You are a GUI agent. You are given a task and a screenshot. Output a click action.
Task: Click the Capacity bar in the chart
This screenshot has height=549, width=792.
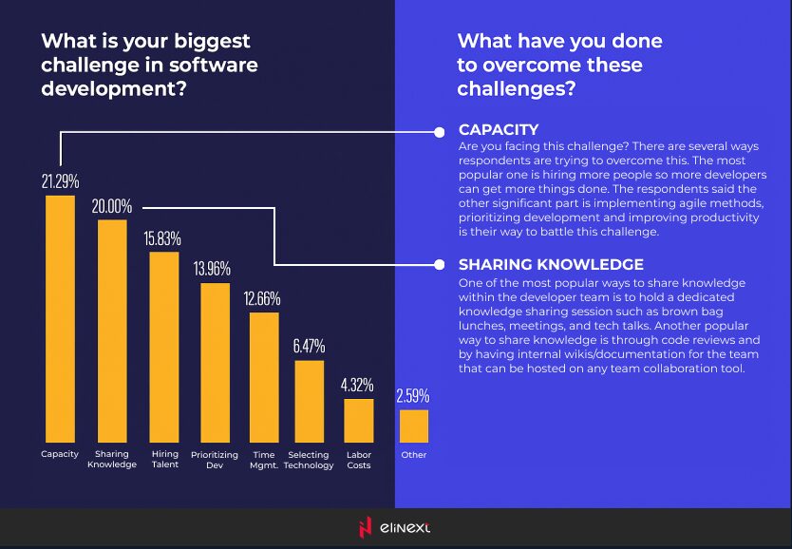[60, 318]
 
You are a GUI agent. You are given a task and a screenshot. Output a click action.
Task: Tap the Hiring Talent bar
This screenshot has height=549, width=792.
[164, 347]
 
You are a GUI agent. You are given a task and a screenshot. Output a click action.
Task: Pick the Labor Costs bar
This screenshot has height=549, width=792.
[358, 421]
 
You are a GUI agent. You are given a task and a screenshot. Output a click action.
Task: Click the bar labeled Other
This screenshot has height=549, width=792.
[414, 426]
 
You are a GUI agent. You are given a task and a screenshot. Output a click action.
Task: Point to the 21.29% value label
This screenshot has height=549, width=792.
[59, 180]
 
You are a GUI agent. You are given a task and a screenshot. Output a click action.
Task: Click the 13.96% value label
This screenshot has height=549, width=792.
[212, 269]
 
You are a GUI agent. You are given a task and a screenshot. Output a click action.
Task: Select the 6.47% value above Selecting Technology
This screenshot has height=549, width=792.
[309, 345]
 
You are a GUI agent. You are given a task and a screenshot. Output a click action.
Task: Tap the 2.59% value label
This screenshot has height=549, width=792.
[412, 395]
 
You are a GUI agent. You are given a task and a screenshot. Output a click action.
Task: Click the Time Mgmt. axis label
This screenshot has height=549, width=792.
[263, 460]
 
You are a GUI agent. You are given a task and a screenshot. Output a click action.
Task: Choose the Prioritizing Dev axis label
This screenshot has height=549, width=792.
[214, 460]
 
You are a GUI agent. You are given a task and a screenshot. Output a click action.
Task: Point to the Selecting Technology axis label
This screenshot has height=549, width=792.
[309, 460]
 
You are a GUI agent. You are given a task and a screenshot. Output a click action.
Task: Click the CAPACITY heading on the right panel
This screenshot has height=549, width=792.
[499, 129]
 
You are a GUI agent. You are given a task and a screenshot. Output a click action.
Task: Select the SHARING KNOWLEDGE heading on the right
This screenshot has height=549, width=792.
[551, 265]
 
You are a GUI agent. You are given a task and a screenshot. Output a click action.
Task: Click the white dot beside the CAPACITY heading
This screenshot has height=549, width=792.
[440, 131]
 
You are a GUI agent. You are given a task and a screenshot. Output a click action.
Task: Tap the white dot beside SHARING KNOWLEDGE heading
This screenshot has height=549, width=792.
[440, 265]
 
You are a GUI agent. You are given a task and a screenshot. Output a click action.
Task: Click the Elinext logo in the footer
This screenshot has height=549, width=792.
[395, 528]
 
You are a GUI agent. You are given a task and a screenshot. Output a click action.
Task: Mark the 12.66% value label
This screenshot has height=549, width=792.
[262, 298]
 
